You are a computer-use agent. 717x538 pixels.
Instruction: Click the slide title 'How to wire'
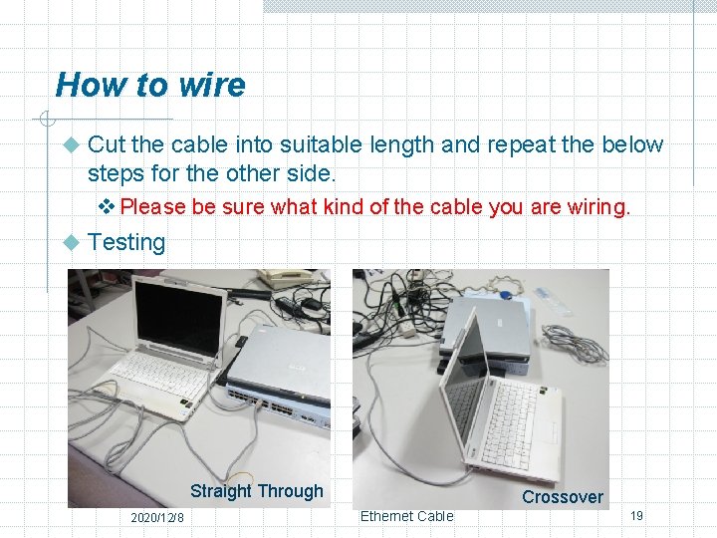[150, 85]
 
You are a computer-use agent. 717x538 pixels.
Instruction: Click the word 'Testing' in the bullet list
[126, 242]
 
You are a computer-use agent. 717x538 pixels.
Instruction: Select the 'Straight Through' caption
[256, 491]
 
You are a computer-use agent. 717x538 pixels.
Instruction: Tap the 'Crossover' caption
[563, 497]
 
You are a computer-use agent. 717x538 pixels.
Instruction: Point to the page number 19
[636, 515]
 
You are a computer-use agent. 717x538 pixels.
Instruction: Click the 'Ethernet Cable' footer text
[406, 516]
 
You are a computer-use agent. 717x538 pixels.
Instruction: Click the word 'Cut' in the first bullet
[107, 144]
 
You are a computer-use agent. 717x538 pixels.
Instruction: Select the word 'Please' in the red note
[153, 207]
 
